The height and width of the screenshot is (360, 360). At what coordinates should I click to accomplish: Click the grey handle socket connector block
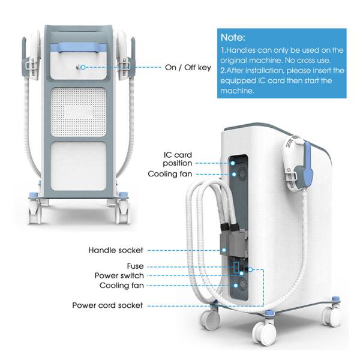pyautogui.click(x=234, y=243)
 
